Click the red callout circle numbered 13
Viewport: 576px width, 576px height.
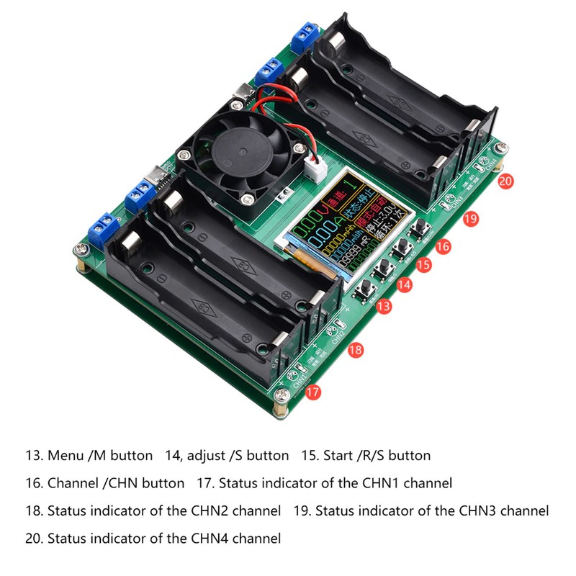[384, 306]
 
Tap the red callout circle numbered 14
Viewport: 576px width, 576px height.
[405, 284]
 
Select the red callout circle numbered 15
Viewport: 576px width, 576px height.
[424, 264]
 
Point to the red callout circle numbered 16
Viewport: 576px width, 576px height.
[444, 246]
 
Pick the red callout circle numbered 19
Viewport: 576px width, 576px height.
[471, 218]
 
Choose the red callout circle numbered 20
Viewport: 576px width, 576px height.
[505, 181]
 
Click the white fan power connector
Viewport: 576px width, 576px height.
[315, 171]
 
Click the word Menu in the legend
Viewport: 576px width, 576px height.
[65, 456]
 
